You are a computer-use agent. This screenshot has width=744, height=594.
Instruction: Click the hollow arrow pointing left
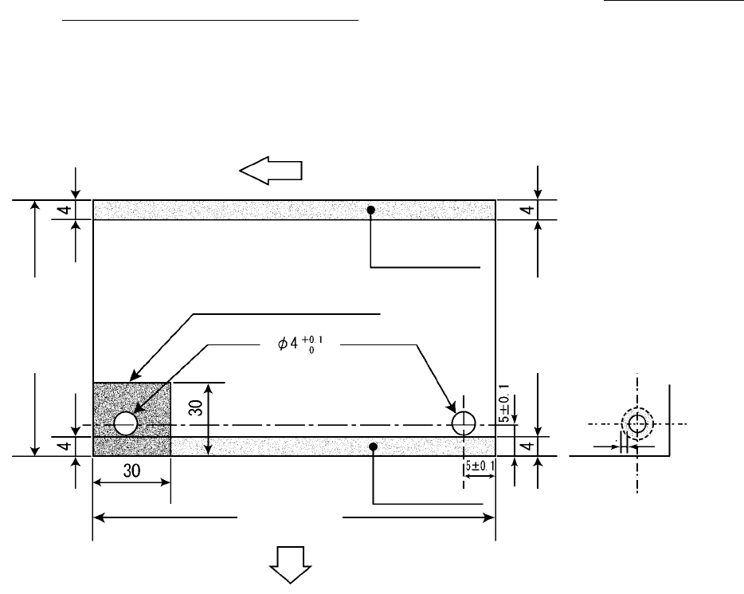pos(271,170)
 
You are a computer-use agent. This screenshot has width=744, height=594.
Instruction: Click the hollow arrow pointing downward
pos(290,568)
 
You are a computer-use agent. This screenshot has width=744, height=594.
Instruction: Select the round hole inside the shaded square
pos(125,423)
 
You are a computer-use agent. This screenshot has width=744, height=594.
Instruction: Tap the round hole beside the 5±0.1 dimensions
pos(464,423)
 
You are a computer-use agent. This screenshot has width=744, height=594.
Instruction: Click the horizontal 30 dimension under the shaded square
pos(131,470)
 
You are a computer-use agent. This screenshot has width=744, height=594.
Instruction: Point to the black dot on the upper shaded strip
pos(370,210)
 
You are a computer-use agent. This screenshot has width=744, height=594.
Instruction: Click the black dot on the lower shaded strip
pos(373,447)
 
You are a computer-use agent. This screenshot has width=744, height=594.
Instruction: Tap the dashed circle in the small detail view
pos(637,424)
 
